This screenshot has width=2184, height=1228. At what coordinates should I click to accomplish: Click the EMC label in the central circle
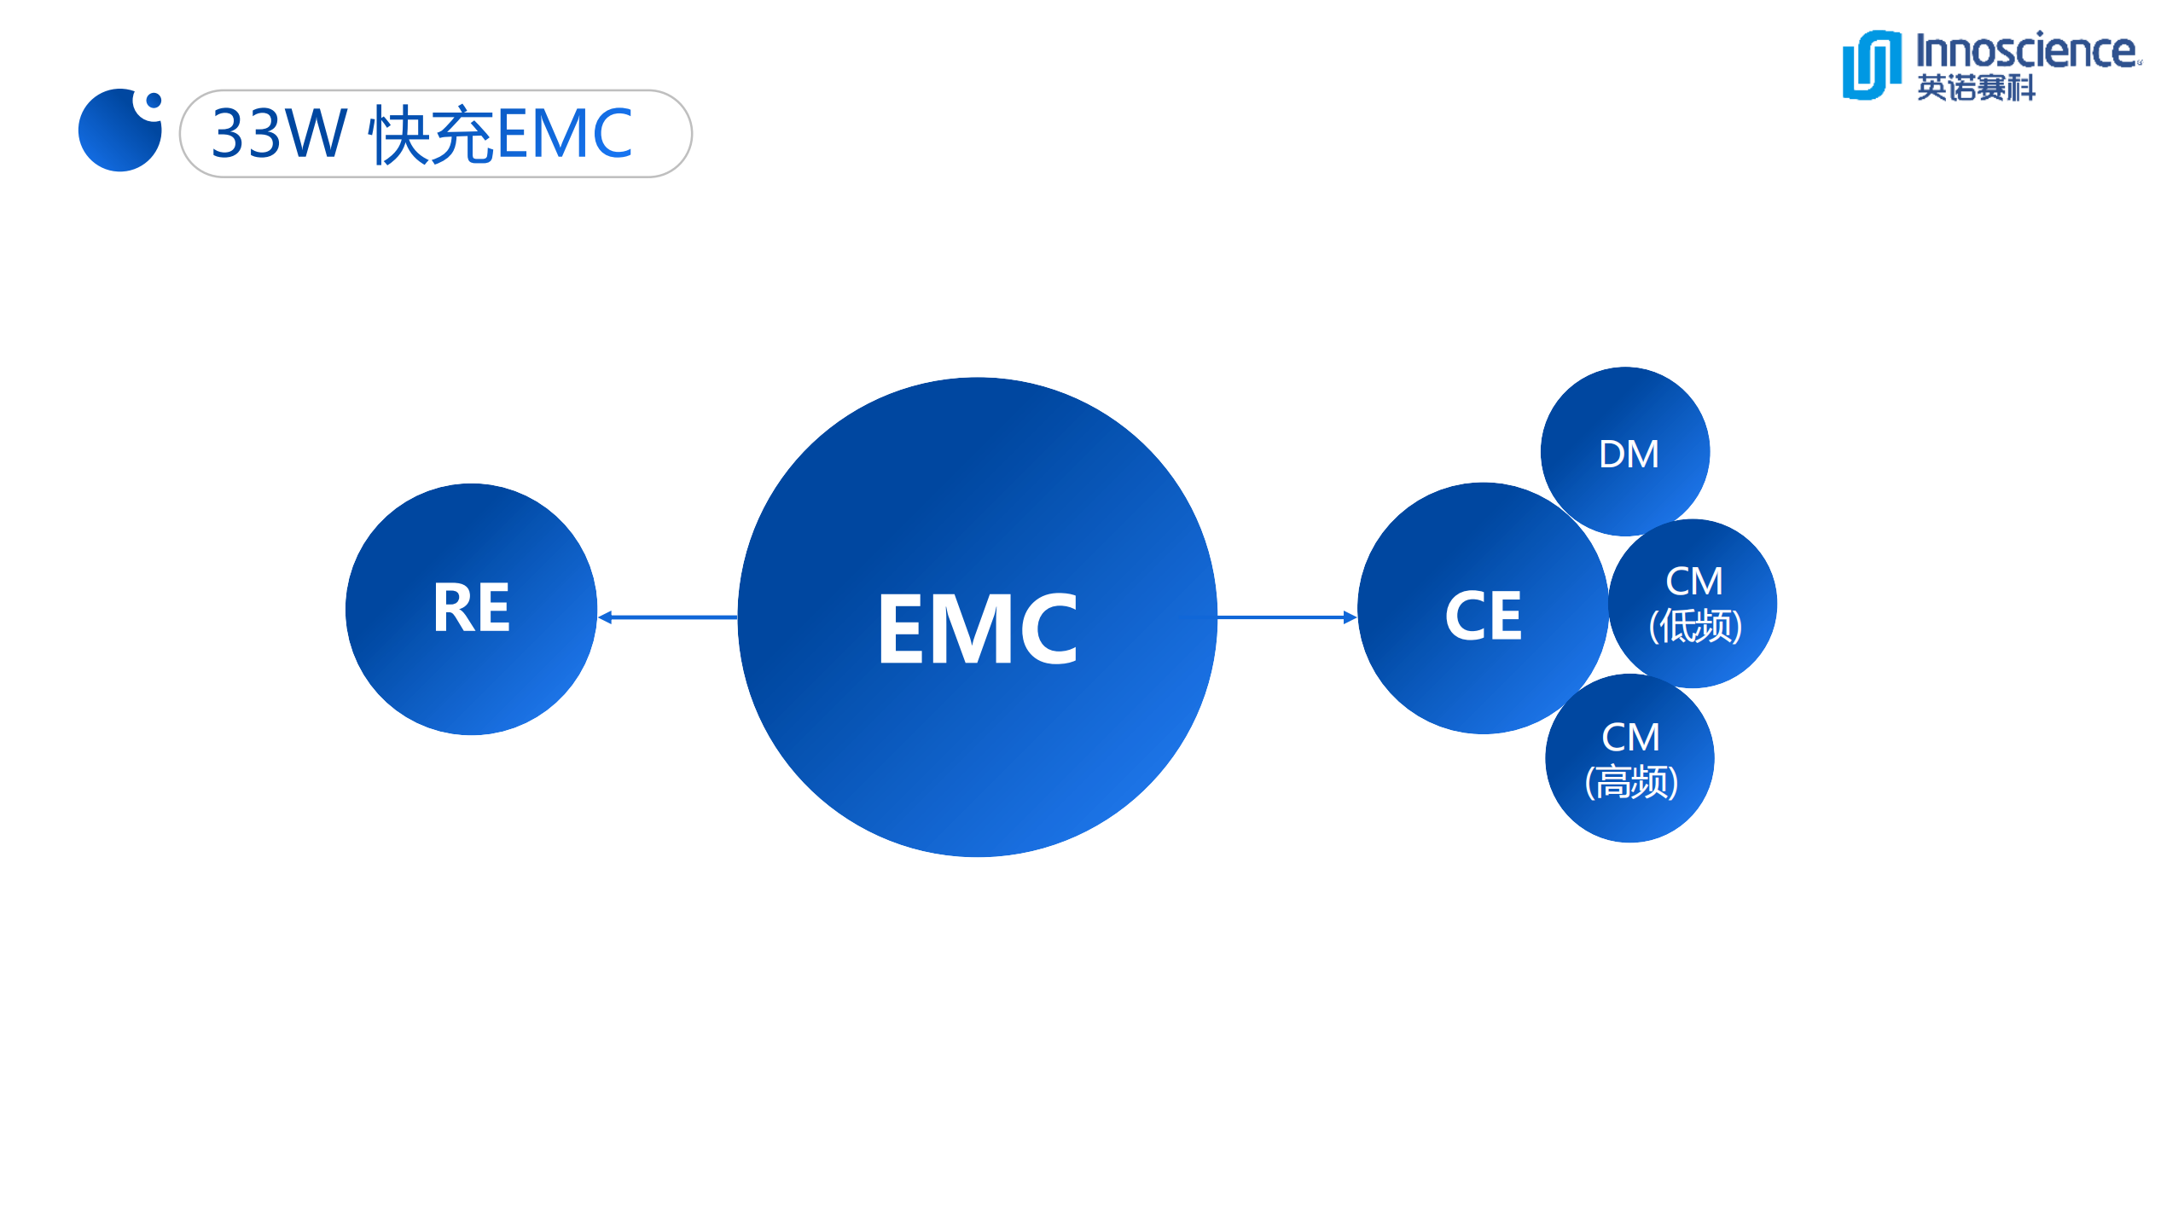[978, 628]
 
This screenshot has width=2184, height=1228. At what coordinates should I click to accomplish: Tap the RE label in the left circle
[472, 608]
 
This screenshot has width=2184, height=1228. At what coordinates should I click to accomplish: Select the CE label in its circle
[1484, 615]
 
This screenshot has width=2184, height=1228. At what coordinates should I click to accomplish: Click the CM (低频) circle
[1693, 604]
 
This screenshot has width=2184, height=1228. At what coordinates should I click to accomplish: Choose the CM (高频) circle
[1629, 758]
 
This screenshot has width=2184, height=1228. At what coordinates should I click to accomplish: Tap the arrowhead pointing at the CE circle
[1350, 617]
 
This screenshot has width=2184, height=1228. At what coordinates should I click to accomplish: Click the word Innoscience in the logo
[2026, 51]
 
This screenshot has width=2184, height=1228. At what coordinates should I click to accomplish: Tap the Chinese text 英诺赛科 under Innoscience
[1976, 87]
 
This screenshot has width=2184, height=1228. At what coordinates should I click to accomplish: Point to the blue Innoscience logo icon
[1872, 65]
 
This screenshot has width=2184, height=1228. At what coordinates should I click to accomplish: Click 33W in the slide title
[278, 134]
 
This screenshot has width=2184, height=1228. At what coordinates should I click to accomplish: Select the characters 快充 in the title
[432, 134]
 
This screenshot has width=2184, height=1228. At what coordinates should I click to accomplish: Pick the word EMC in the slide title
[564, 134]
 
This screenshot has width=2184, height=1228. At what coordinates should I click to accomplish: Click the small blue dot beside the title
[154, 101]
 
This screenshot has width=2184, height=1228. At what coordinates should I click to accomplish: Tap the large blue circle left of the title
[118, 133]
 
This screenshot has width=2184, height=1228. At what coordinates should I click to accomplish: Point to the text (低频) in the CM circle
[1695, 626]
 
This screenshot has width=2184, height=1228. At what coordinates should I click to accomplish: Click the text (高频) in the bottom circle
[1631, 781]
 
